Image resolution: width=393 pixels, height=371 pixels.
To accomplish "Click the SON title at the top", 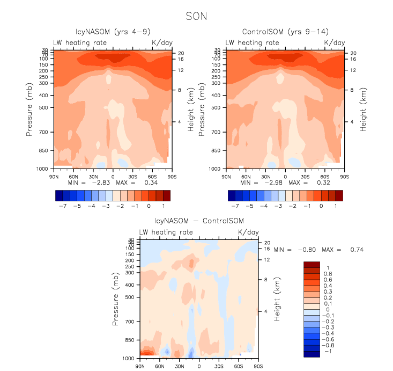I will coord(196,17).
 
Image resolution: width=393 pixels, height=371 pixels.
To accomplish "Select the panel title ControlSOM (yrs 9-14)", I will coord(285,32).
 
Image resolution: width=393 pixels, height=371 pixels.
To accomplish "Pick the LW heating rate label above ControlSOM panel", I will coord(252,42).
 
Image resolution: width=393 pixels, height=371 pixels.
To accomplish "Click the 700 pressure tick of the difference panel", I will coord(129,322).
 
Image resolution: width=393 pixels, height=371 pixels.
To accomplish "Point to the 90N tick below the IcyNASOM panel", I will coord(54,176).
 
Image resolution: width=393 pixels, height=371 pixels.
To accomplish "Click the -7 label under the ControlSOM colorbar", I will coord(235,206).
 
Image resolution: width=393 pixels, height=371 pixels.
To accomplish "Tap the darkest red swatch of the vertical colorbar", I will coord(312,264).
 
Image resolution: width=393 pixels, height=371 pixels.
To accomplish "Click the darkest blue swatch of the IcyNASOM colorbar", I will coord(59,195).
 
